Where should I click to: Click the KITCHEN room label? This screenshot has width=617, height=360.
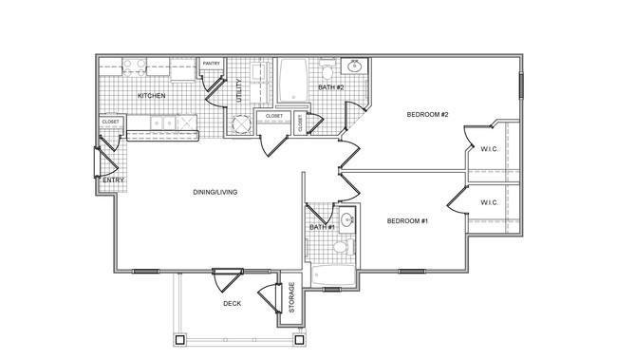[152, 96]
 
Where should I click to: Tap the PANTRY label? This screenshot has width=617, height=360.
[212, 64]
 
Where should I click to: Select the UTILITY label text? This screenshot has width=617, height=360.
[238, 91]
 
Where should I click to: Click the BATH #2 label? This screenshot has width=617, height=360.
[331, 87]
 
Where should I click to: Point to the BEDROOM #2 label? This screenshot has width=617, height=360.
[427, 115]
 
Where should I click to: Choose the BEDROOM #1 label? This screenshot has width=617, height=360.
[407, 221]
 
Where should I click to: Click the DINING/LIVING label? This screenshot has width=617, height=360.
[215, 192]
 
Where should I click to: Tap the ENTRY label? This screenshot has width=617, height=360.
[113, 180]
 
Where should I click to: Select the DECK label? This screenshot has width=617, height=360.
[233, 304]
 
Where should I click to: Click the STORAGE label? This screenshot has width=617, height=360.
[291, 297]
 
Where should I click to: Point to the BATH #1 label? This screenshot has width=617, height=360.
[322, 227]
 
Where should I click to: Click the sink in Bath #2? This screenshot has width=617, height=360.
[355, 66]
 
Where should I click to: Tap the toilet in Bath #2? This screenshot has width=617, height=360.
[327, 69]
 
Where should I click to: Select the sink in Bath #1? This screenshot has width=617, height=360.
[347, 218]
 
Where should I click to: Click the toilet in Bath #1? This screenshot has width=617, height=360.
[343, 247]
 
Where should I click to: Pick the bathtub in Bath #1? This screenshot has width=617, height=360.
[334, 275]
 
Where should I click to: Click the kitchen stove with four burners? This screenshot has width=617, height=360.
[134, 67]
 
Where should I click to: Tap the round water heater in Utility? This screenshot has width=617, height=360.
[241, 124]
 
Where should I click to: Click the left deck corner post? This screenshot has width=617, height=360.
[179, 339]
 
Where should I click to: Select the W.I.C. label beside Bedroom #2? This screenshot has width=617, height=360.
[489, 149]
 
